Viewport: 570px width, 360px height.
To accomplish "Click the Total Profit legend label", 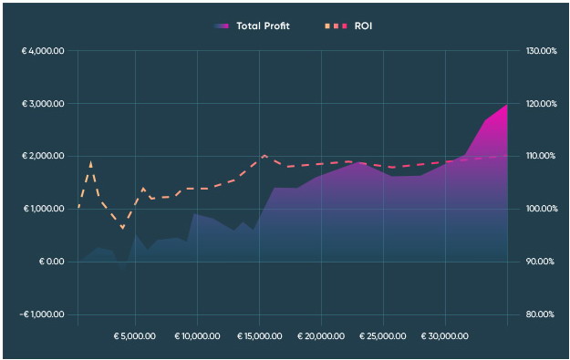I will coord(263,26).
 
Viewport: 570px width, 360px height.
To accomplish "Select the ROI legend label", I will coord(363,26).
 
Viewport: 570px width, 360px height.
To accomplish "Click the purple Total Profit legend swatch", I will coord(222,26).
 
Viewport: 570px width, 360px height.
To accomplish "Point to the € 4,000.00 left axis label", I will coord(42,51).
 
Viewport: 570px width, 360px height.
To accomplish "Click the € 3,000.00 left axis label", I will coord(42,104).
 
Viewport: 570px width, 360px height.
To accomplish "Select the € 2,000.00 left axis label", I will coord(42,157).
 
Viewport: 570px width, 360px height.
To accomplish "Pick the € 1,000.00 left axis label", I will coord(42,210).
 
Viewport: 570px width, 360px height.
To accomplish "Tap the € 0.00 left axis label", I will coord(51,262).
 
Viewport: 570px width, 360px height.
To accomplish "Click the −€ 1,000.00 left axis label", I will coord(42,315).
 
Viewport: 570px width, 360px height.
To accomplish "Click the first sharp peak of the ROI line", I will coord(91,162).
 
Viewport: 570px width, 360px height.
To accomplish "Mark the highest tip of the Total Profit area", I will coord(507,105).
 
